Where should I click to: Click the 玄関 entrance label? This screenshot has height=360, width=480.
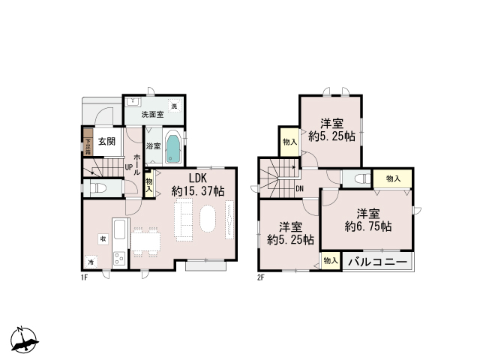(x=106, y=142)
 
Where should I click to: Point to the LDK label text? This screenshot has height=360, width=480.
(x=198, y=178)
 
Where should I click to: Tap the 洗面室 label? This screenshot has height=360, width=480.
(x=152, y=115)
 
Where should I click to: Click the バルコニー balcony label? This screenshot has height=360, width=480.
(x=378, y=262)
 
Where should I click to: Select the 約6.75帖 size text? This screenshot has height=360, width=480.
(x=368, y=226)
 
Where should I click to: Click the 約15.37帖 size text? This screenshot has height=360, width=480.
(x=198, y=192)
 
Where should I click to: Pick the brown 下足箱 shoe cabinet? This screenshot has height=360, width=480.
(x=88, y=142)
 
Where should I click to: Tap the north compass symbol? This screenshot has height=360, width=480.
(x=24, y=339)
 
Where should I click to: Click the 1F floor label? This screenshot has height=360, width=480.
(x=85, y=277)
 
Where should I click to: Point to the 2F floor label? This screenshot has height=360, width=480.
(x=260, y=278)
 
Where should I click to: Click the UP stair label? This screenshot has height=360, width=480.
(x=128, y=167)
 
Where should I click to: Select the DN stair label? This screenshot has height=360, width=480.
(x=300, y=189)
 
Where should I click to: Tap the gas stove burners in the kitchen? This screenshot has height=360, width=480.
(x=119, y=258)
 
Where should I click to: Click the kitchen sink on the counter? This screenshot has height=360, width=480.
(x=119, y=229)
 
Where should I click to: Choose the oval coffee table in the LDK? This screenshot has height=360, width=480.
(x=208, y=218)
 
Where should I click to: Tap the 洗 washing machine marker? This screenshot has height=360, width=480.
(x=174, y=106)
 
